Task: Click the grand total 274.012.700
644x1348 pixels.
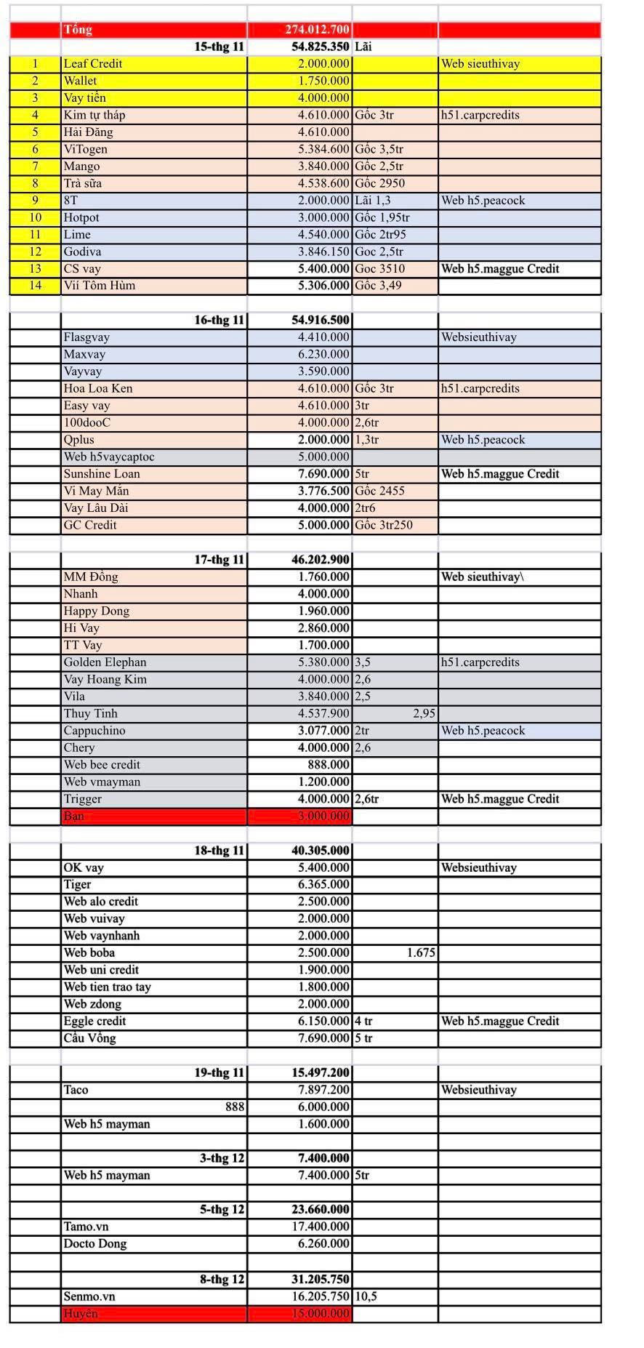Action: pyautogui.click(x=317, y=30)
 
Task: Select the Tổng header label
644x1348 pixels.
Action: pyautogui.click(x=78, y=30)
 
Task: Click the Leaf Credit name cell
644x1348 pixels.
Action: pyautogui.click(x=93, y=64)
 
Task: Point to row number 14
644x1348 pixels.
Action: pyautogui.click(x=35, y=286)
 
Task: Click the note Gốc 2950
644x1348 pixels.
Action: pyautogui.click(x=379, y=183)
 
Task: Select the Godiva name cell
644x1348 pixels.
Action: pyautogui.click(x=82, y=252)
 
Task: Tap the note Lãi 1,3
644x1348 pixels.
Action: pyautogui.click(x=373, y=201)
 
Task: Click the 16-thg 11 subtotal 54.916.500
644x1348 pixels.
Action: pyautogui.click(x=321, y=320)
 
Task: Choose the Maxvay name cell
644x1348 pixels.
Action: pyautogui.click(x=84, y=354)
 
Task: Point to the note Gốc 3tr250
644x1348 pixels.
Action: pyautogui.click(x=384, y=525)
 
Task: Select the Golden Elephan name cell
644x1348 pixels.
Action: pyautogui.click(x=105, y=662)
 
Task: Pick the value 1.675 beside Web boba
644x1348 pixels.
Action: pyautogui.click(x=421, y=952)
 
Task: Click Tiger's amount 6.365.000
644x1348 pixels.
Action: pyautogui.click(x=323, y=884)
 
